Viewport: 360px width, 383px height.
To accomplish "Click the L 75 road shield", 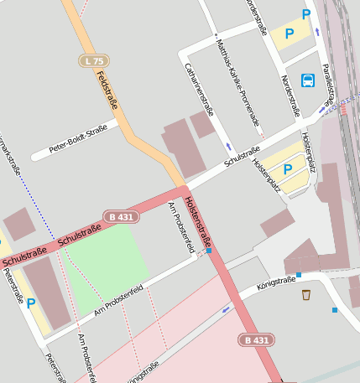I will [95, 61].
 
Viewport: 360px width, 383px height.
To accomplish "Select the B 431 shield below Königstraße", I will [255, 339].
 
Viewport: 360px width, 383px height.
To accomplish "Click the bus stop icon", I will [308, 81].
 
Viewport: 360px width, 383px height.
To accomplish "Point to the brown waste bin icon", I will [306, 294].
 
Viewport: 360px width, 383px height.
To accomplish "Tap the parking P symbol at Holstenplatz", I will [288, 169].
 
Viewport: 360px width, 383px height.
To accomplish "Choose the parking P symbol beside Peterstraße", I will [31, 303].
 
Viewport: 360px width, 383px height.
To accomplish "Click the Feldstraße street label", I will [106, 91].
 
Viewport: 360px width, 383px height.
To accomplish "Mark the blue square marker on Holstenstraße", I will [208, 250].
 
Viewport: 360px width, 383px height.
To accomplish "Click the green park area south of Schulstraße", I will [105, 260].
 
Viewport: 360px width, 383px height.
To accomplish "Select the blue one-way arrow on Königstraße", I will [225, 309].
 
